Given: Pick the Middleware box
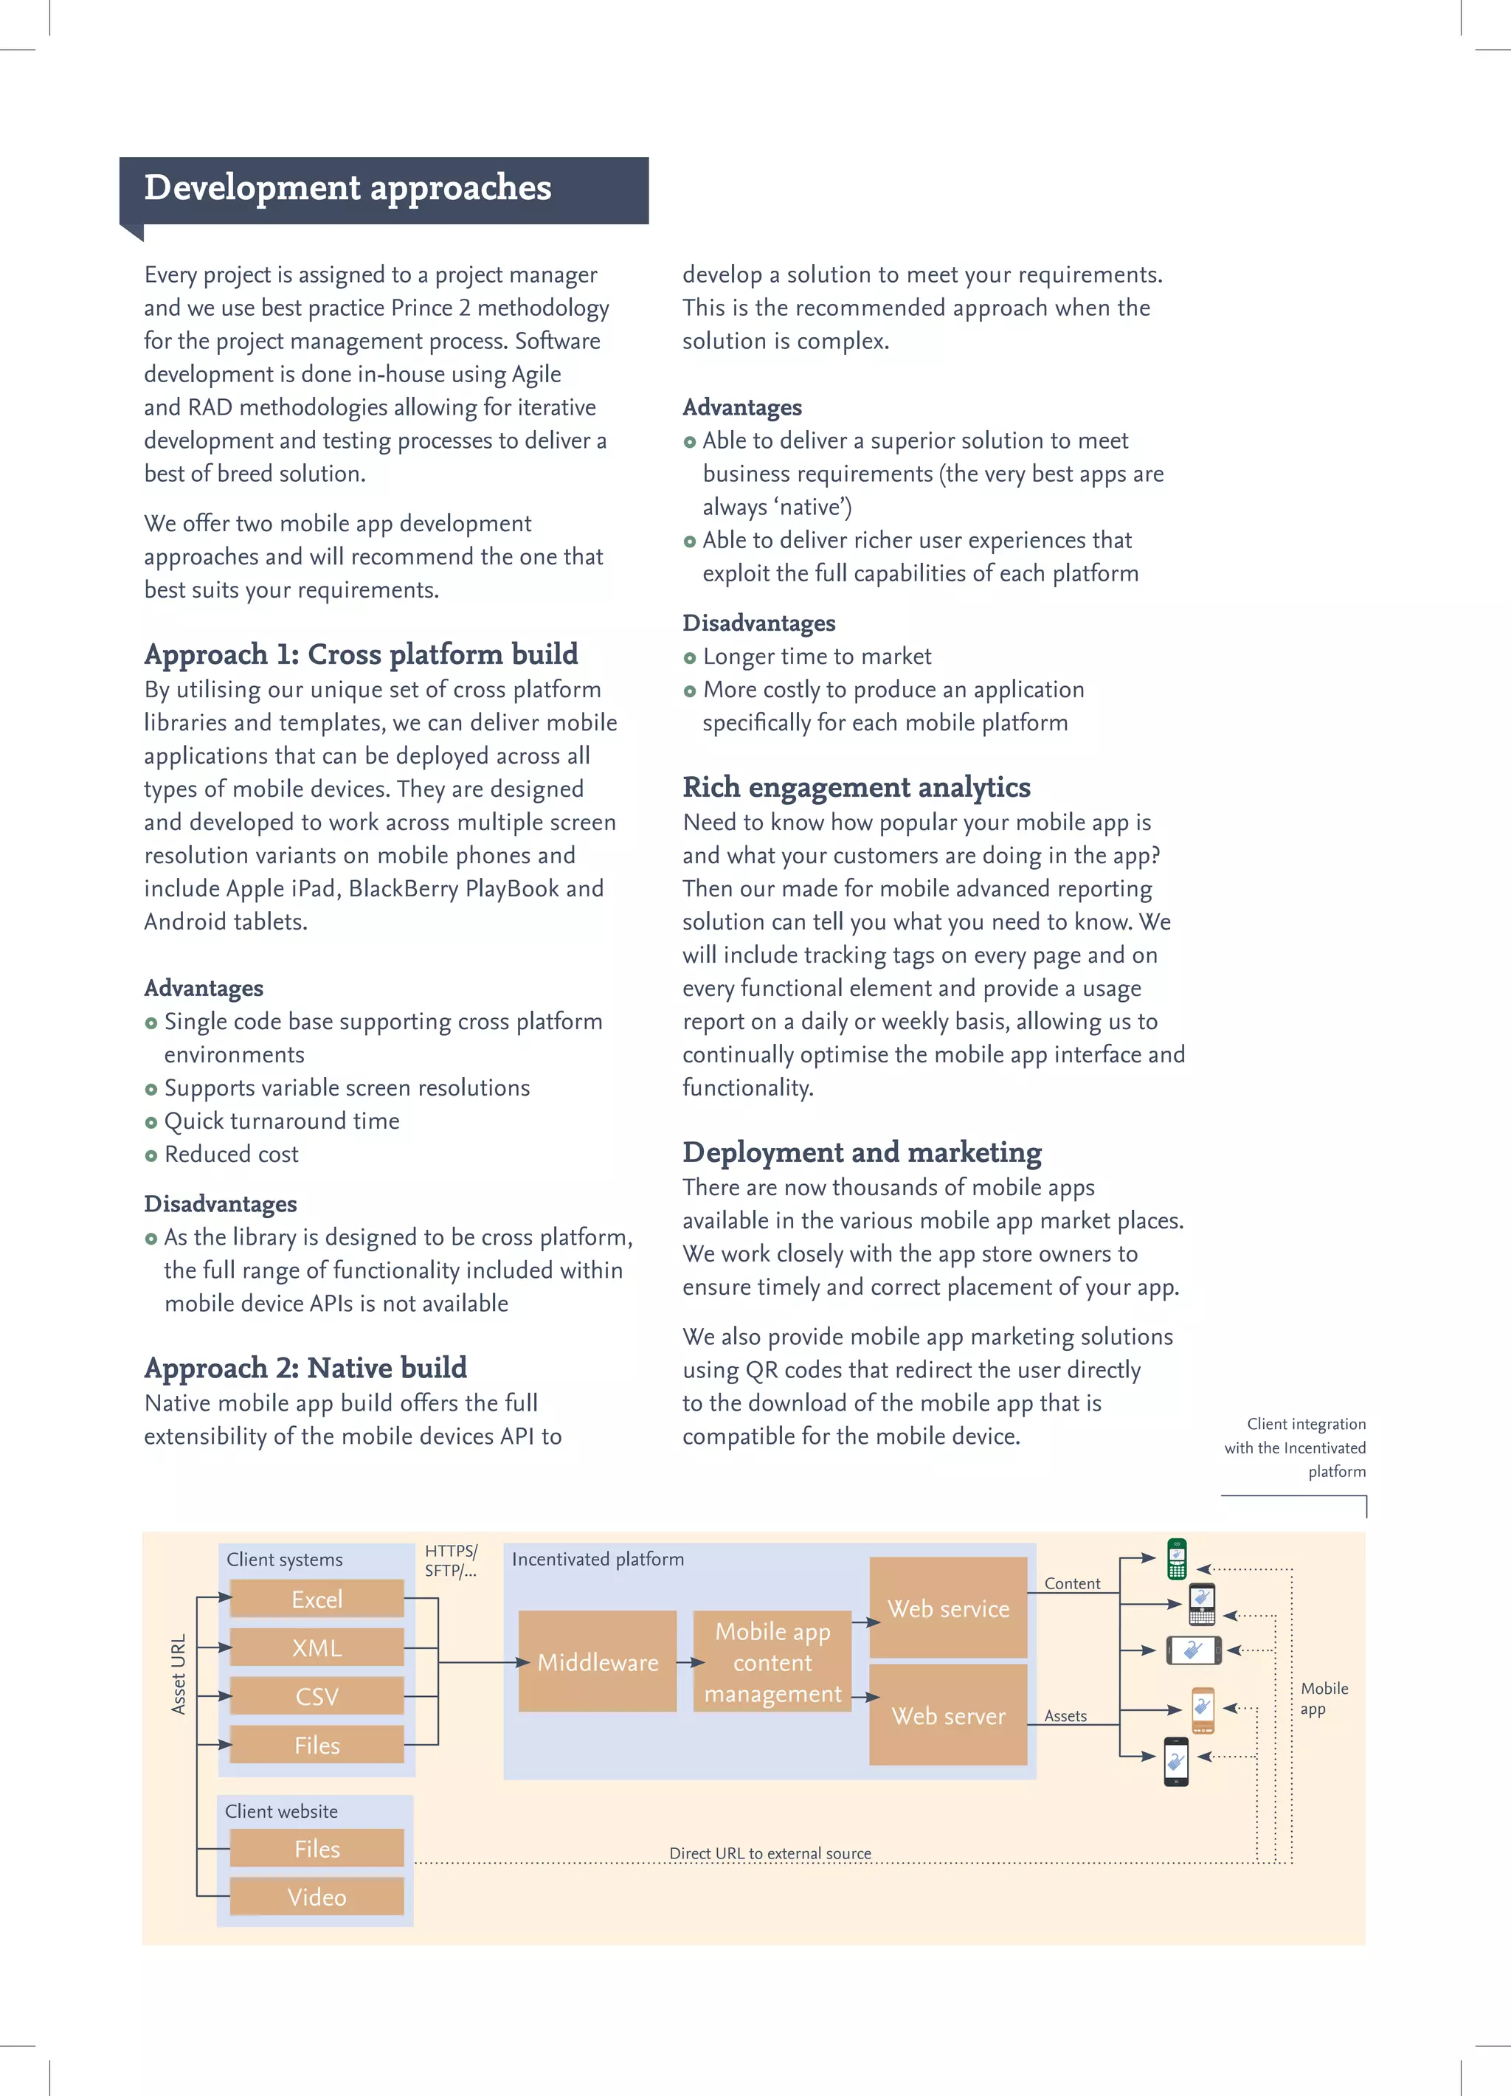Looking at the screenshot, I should coord(597,1661).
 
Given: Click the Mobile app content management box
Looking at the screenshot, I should coord(772,1661).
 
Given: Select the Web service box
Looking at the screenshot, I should coord(948,1608).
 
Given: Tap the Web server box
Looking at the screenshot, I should coord(948,1715).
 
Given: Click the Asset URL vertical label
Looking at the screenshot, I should coord(179,1675).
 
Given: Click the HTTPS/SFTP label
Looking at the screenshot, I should coord(451,1561).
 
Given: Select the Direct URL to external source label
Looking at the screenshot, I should coord(770,1853).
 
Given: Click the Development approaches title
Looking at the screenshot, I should coord(348,187).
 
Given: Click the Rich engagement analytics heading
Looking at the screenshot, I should coord(856,787).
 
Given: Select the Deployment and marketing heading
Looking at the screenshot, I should coord(861,1152).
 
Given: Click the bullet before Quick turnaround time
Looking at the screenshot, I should coord(151,1123).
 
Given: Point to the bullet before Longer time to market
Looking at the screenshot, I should coord(689,658).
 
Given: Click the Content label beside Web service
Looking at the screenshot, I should coord(1072,1583).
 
